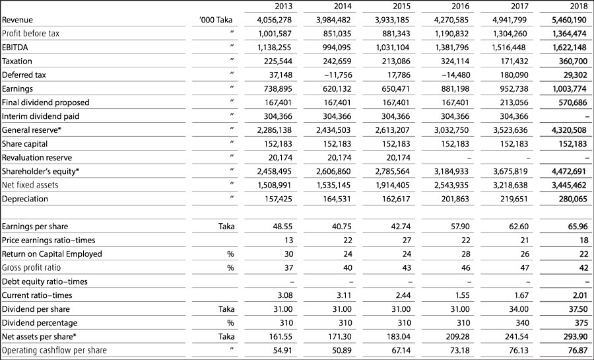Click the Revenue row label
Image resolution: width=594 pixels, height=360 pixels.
click(18, 20)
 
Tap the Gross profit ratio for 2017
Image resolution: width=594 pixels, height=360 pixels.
click(516, 268)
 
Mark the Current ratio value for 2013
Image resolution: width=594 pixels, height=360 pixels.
click(283, 295)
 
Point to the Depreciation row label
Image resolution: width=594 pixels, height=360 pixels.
click(26, 199)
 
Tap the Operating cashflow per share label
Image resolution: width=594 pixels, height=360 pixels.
click(54, 350)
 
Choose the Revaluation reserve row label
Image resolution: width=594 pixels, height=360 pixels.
click(37, 158)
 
